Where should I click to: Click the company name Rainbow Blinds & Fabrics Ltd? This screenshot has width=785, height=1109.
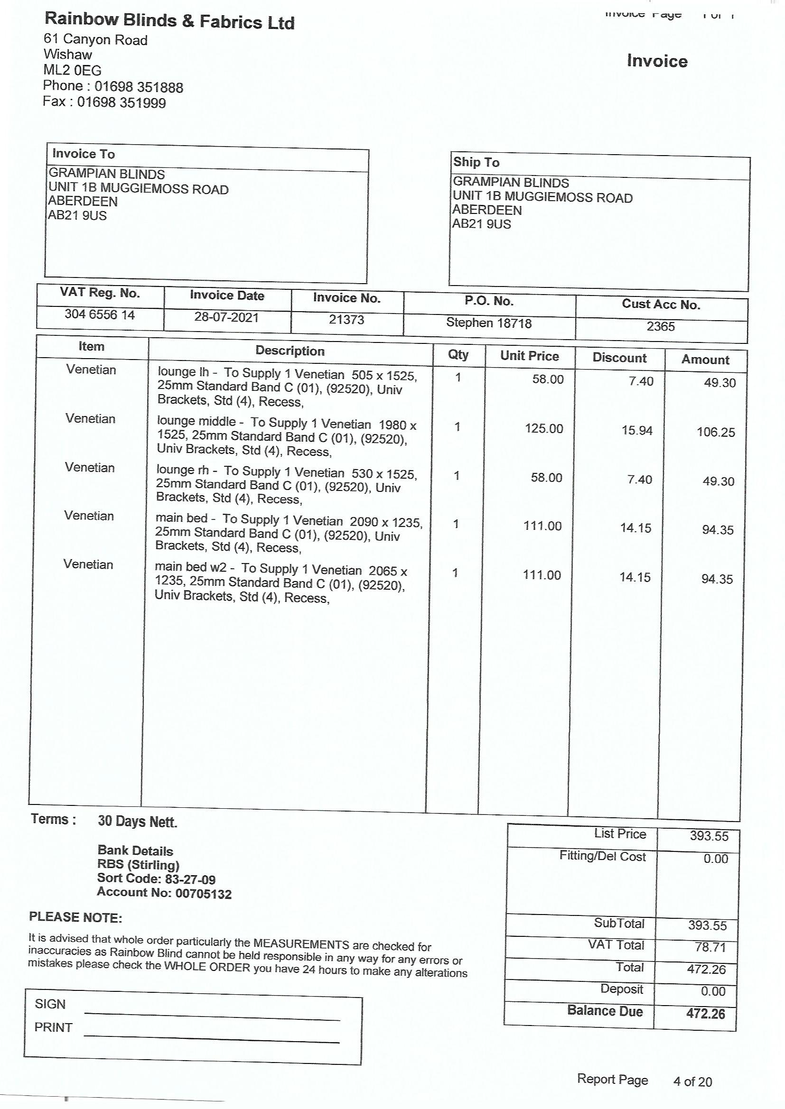(169, 21)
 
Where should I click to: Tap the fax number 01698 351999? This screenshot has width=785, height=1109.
(121, 102)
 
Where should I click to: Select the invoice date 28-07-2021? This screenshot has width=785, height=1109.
(226, 317)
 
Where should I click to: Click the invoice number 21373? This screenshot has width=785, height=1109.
(346, 320)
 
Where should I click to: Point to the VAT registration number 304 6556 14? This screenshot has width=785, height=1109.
(100, 314)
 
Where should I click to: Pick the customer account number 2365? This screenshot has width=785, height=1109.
(660, 326)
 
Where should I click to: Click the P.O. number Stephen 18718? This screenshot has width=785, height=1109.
(489, 323)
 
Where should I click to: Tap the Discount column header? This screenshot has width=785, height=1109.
(619, 358)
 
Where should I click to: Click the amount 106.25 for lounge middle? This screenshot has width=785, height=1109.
(715, 432)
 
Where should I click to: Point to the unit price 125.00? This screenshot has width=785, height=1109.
(544, 429)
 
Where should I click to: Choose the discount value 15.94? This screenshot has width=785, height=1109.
(636, 430)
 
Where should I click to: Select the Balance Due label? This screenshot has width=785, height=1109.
(605, 1011)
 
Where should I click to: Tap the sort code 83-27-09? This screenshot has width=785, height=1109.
(190, 879)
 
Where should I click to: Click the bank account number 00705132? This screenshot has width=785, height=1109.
(203, 894)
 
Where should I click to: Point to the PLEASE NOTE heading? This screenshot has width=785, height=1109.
(75, 917)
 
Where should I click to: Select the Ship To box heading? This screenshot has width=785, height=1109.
(476, 162)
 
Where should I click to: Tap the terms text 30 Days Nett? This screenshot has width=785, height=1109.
(137, 821)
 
